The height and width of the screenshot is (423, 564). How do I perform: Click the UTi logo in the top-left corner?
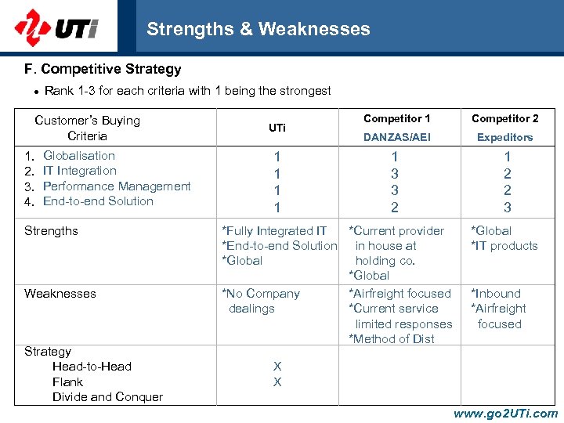[56, 27]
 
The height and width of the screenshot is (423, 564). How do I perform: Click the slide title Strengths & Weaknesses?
[258, 30]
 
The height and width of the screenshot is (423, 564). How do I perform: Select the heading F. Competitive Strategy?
[103, 69]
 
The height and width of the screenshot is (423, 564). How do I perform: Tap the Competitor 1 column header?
[396, 119]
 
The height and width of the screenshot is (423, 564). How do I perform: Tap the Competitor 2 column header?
[505, 119]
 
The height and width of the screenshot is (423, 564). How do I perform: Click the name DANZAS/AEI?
[396, 137]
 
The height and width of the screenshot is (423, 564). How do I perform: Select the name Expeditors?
[505, 137]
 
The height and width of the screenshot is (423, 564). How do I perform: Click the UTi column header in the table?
[277, 128]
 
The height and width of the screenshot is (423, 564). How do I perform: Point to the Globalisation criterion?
[78, 156]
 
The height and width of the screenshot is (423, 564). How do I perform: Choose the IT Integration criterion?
[79, 171]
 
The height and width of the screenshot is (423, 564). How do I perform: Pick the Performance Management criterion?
[117, 186]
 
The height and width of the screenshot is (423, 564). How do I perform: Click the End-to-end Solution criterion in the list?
[98, 201]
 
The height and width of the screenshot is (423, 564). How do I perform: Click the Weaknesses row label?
[60, 294]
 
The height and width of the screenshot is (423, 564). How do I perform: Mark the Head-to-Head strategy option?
[92, 367]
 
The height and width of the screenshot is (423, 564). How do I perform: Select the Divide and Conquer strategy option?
[107, 397]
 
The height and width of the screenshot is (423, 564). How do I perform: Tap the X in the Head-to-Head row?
[277, 367]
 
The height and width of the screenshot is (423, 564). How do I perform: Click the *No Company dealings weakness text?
[261, 301]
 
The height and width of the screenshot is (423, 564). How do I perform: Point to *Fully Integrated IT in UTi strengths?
[275, 231]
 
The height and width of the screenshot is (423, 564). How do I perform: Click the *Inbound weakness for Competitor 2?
[495, 294]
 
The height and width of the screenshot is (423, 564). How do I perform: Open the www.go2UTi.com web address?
[505, 414]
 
